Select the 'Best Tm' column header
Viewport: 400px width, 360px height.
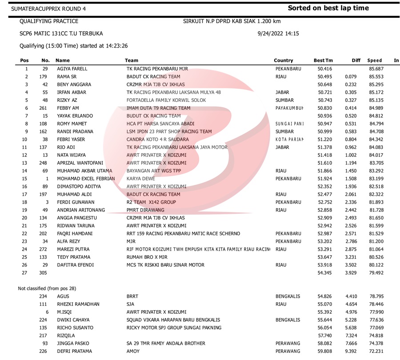[323, 60]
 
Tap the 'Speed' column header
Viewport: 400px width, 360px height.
[375, 60]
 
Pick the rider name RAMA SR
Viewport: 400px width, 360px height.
[67, 76]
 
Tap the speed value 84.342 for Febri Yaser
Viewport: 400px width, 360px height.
[376, 139]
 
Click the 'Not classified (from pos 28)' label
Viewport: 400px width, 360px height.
[47, 288]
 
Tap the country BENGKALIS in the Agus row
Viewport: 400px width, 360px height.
[288, 296]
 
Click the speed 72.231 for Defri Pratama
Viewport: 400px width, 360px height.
[376, 351]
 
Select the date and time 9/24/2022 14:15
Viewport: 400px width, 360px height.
[278, 33]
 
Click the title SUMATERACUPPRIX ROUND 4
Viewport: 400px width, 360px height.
[49, 9]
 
